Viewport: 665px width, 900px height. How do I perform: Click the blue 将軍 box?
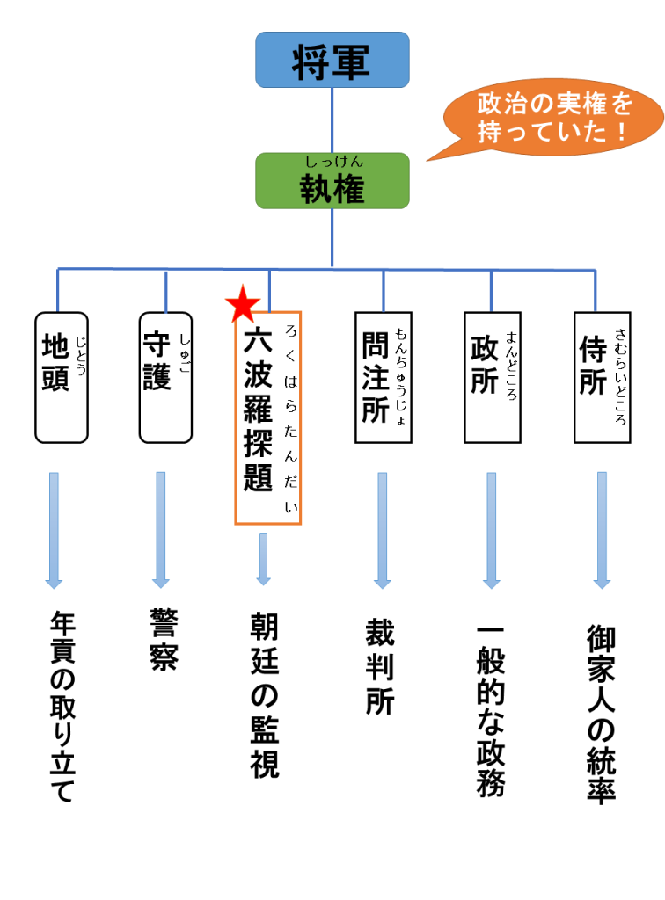332,60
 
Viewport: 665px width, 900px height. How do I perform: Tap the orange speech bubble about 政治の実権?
553,118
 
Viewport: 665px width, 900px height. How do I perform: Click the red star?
243,304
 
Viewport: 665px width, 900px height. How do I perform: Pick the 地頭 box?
61,377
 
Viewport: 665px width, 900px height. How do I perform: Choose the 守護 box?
165,377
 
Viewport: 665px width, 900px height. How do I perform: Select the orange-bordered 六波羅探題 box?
267,417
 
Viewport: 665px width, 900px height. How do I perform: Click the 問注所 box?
383,377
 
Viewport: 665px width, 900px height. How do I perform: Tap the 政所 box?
491,377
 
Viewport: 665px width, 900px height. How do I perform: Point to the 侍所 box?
602,377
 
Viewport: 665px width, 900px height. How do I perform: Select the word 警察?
164,642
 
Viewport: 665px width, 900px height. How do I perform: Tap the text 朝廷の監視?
265,695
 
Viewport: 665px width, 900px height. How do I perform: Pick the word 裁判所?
380,668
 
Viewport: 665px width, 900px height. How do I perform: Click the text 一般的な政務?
490,711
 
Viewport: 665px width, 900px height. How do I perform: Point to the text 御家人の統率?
601,713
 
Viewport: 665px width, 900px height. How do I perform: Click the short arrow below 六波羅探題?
263,558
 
